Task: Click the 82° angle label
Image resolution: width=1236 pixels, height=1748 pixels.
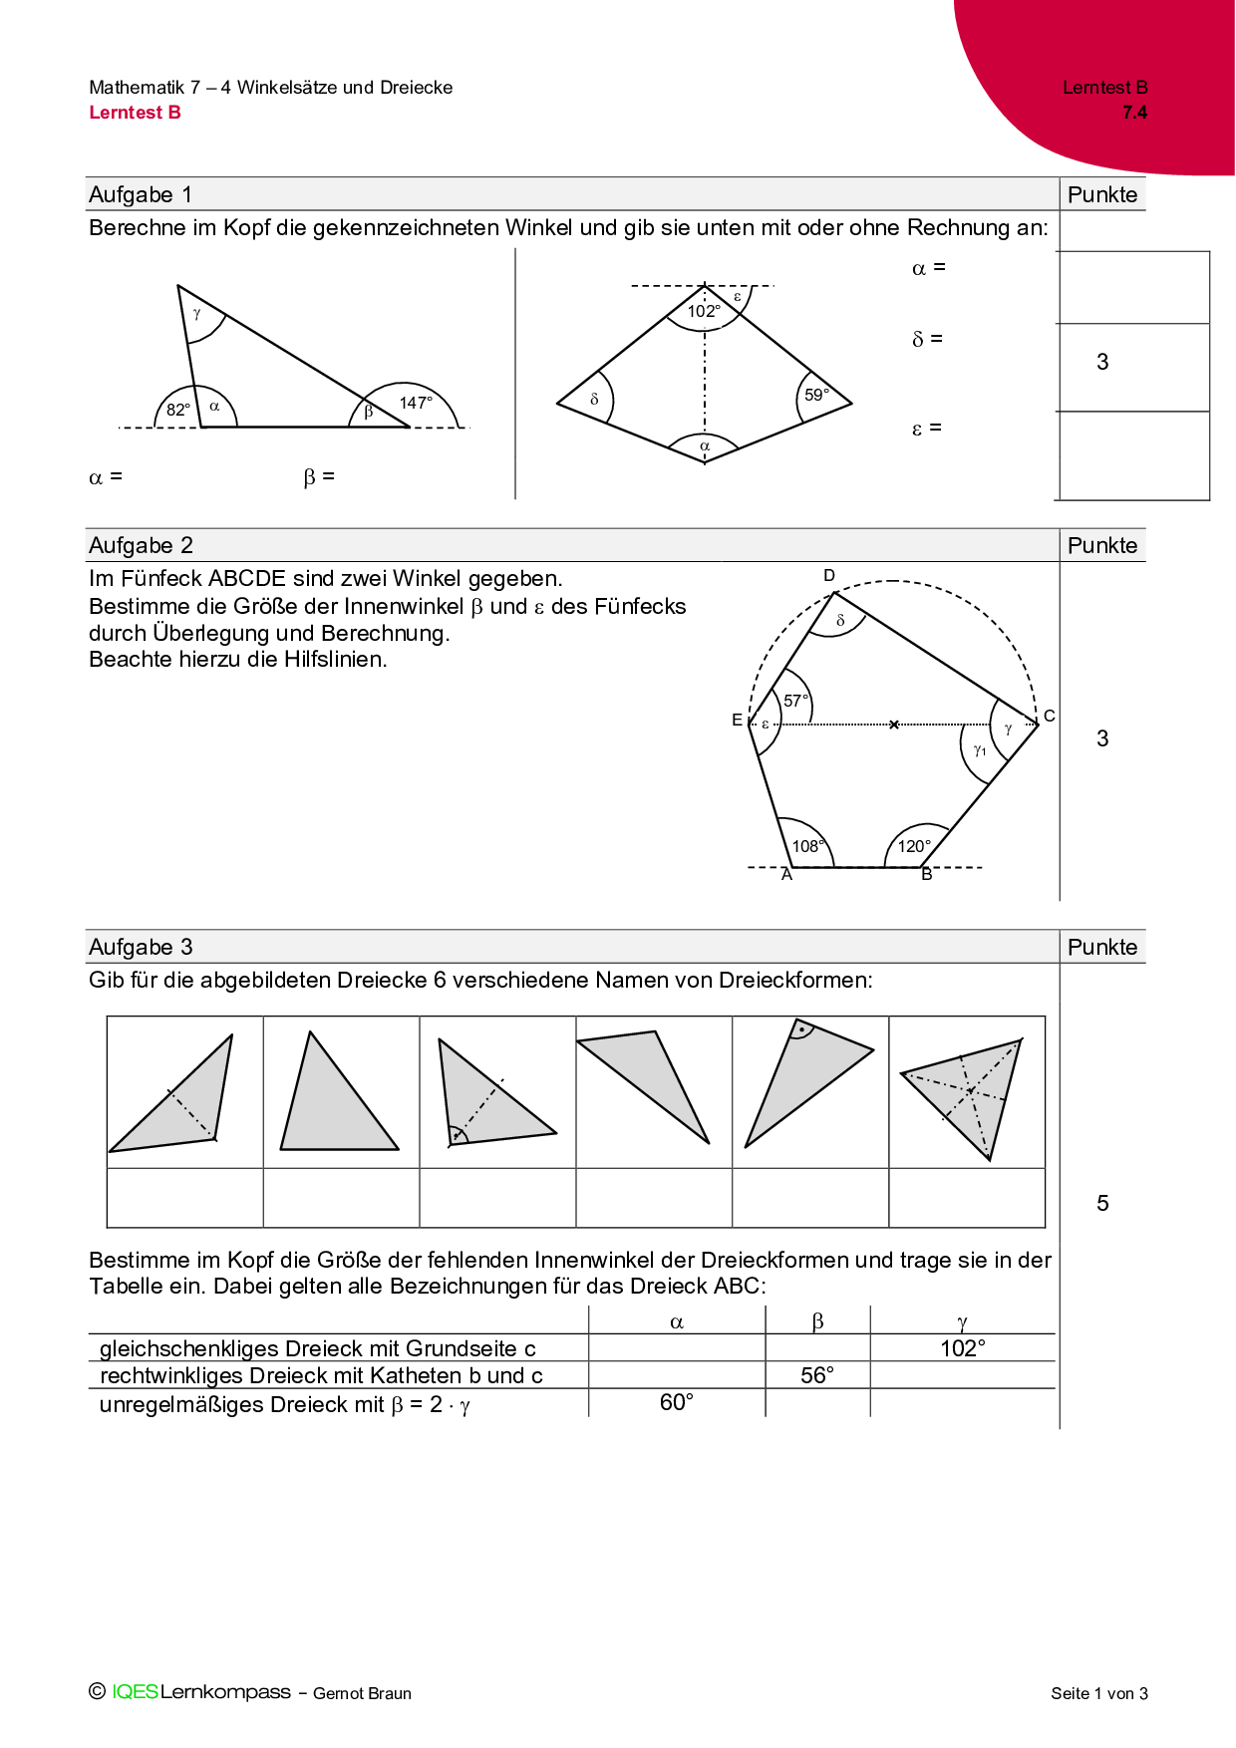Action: [x=178, y=410]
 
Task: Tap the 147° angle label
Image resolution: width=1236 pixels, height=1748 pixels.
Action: [x=416, y=403]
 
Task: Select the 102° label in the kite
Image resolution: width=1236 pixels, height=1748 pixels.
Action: [x=704, y=311]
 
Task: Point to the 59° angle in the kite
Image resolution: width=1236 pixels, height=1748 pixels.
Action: [x=816, y=395]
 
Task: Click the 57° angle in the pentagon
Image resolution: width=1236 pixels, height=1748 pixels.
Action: [x=795, y=701]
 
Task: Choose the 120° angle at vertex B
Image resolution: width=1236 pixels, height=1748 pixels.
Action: [x=914, y=846]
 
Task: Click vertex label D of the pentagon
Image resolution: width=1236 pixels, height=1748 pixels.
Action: [x=829, y=575]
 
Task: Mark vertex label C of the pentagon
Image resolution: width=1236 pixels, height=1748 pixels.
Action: [x=1049, y=716]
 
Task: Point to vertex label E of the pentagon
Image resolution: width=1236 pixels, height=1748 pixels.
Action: [x=737, y=720]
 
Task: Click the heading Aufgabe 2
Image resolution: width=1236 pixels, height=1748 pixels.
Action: [x=141, y=545]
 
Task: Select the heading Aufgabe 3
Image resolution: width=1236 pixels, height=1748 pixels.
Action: [x=141, y=947]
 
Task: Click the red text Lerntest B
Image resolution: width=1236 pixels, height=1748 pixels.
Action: [x=135, y=113]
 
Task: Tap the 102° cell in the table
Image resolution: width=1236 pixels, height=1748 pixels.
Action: [x=962, y=1348]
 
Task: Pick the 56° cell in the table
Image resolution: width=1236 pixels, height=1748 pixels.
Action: [x=817, y=1375]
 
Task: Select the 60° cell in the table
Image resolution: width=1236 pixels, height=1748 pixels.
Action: [x=677, y=1402]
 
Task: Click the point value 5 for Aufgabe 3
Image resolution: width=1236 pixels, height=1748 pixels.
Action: [x=1102, y=1203]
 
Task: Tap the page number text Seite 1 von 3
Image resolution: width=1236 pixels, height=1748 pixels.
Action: [x=1098, y=1693]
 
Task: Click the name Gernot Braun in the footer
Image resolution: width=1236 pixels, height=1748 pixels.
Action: [x=362, y=1693]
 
